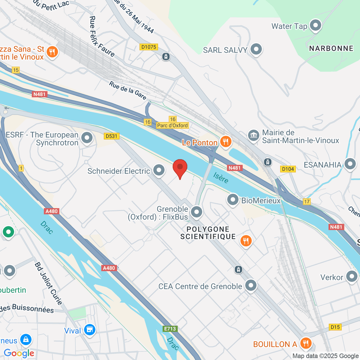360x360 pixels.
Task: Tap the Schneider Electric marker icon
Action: [x=159, y=170]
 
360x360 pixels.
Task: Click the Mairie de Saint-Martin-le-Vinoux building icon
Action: [x=253, y=135]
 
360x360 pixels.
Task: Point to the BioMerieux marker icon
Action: [x=233, y=199]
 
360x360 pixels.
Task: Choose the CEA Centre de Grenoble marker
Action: [x=251, y=285]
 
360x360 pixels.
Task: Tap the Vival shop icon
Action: [x=89, y=330]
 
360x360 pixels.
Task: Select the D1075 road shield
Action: [x=149, y=47]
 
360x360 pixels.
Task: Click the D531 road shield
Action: [x=112, y=136]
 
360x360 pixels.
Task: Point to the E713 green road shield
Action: [x=170, y=329]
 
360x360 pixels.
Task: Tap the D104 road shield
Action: [x=288, y=169]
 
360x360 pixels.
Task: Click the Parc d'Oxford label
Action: [x=172, y=125]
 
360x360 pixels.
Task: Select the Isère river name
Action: [x=221, y=178]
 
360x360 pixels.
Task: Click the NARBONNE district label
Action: [x=331, y=48]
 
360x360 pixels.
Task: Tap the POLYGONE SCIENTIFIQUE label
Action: [x=208, y=233]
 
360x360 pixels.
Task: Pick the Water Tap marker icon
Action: [x=315, y=25]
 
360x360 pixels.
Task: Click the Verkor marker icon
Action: [x=352, y=276]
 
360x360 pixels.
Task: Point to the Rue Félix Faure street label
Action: [x=101, y=37]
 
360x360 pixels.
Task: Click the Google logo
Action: [x=19, y=353]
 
